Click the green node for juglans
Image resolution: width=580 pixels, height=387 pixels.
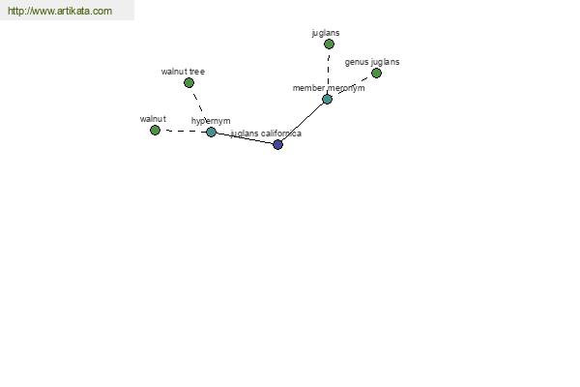pos(329,45)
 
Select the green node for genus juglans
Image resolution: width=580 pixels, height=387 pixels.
pos(376,73)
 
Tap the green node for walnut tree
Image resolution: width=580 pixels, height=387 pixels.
pos(188,82)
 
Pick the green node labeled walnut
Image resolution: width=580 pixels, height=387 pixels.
pos(155,130)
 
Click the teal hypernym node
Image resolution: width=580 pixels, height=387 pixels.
pos(211,132)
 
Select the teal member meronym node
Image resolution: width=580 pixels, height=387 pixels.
pos(327,99)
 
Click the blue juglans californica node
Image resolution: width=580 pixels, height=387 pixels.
pos(277,144)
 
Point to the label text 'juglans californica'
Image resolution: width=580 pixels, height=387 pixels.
pos(266,134)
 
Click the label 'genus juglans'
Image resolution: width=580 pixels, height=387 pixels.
pos(372,62)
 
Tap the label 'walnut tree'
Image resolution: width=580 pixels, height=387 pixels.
pos(183,72)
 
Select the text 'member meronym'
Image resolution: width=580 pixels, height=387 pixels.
pos(329,88)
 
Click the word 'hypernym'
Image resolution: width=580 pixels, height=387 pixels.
pos(211,121)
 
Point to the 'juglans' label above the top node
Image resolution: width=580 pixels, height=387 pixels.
pos(326,33)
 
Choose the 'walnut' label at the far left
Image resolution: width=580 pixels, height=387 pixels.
pos(153,119)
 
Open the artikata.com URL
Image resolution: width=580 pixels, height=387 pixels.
pos(60,11)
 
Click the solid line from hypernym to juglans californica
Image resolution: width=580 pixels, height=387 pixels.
pos(245,138)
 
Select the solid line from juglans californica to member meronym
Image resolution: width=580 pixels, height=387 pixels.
pos(303,122)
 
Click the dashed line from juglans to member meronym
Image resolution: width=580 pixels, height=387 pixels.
pos(328,72)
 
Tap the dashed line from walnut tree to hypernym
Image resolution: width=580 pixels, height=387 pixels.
pos(198,103)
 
